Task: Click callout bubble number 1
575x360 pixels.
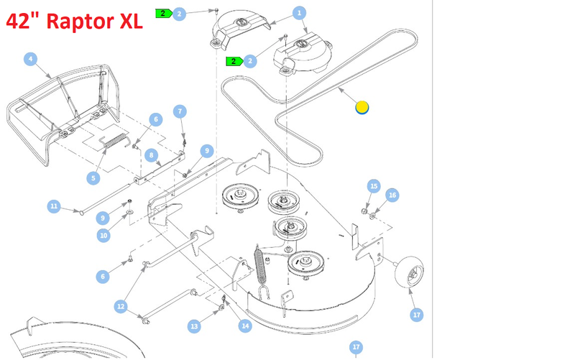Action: (x=300, y=12)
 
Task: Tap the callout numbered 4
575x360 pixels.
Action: (x=30, y=59)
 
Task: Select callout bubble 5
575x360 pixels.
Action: (x=92, y=177)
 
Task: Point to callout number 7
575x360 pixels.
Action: (x=180, y=111)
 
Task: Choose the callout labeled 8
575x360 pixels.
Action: (x=151, y=154)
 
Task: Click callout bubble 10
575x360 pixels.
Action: (x=103, y=235)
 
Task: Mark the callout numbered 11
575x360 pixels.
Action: (x=54, y=206)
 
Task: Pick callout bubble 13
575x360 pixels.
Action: (x=193, y=326)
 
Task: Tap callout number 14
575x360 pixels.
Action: (x=246, y=326)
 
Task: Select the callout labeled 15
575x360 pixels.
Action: (x=374, y=186)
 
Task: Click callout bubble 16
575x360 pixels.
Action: (x=392, y=195)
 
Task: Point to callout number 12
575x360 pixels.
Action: (x=120, y=306)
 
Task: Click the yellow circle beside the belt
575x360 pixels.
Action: (x=362, y=108)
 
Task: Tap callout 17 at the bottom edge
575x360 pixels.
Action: (x=356, y=348)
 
